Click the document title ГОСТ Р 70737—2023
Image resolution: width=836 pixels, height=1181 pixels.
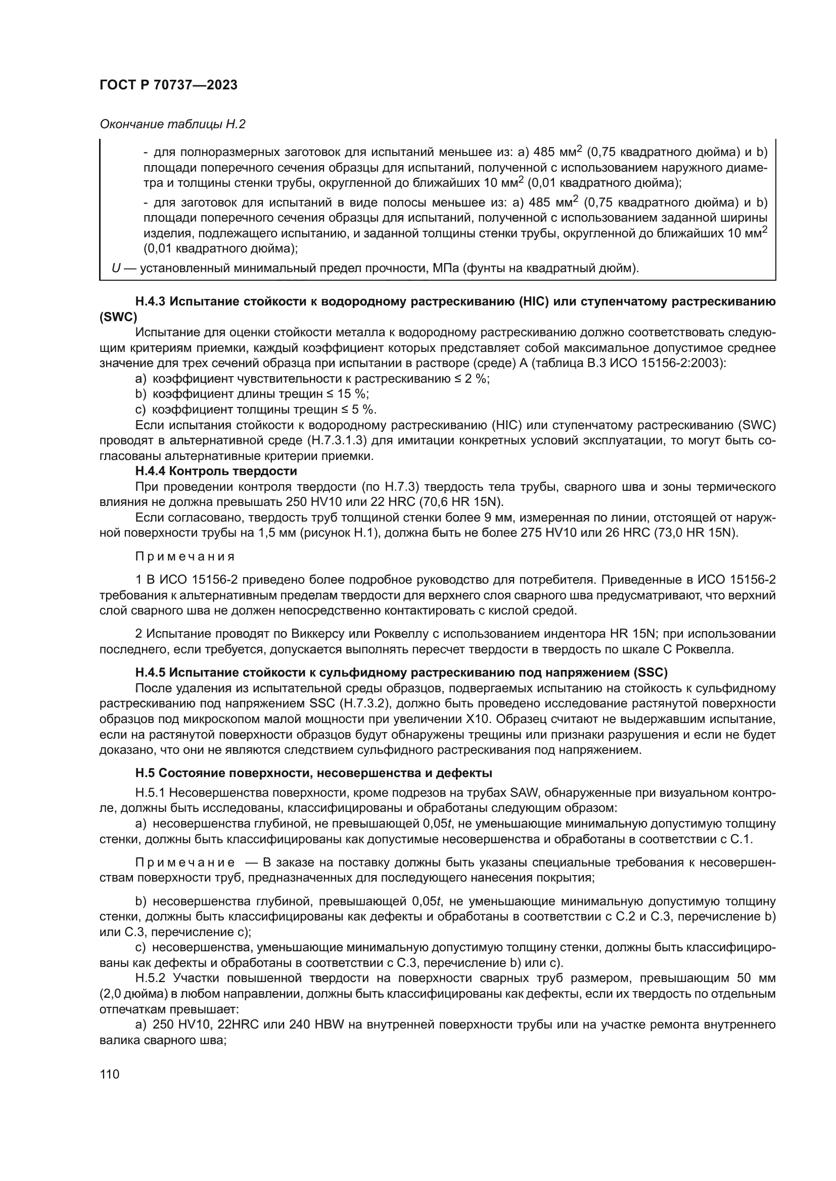coord(168,85)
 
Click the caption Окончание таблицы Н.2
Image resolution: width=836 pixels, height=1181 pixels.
coord(172,124)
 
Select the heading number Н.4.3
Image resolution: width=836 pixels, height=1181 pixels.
coord(150,302)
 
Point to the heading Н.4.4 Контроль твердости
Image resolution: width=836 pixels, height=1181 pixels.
coord(216,471)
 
